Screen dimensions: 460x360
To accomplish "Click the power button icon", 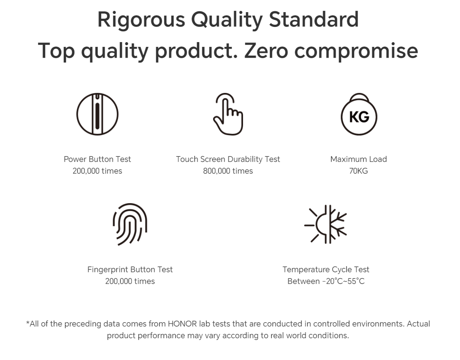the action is point(97,114).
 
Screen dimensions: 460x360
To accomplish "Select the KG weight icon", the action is point(359,114).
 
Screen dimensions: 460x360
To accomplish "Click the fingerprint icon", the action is point(130,225).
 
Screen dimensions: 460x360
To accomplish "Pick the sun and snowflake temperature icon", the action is point(325,225).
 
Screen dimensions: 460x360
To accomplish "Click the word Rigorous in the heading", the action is point(141,20).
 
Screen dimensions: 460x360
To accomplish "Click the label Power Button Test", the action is point(97,159).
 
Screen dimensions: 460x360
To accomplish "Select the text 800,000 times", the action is point(228,171).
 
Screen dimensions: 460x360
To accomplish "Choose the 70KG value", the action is point(358,171).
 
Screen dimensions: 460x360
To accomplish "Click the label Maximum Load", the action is point(358,159).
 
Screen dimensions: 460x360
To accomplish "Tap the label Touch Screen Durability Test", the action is point(228,159).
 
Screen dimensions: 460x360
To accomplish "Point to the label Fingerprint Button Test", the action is point(130,270).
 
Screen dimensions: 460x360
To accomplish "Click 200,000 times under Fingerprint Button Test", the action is point(130,281).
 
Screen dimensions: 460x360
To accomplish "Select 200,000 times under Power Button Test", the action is point(97,171).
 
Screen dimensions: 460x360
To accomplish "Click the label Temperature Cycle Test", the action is point(326,270).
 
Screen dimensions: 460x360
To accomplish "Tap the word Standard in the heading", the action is point(314,20).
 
